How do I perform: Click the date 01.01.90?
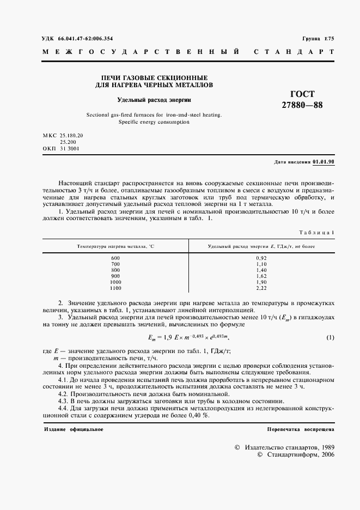[x=324, y=162]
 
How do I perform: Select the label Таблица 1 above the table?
[x=318, y=233]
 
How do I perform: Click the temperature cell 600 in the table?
[x=115, y=258]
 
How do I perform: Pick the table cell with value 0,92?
[x=261, y=258]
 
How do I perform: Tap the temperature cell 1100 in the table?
[x=115, y=288]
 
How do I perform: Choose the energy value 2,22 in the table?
[x=261, y=288]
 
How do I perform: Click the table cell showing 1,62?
[x=261, y=276]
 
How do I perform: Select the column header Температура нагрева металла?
[x=115, y=246]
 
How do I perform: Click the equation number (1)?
[x=330, y=338]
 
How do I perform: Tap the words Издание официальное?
[x=74, y=429]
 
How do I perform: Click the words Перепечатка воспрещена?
[x=301, y=429]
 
